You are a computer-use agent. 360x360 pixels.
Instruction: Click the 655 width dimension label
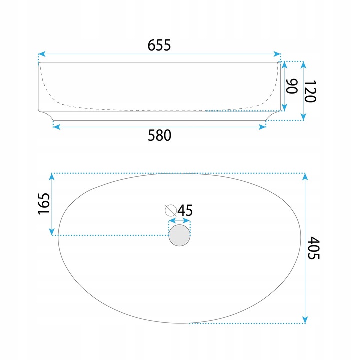[x=159, y=45]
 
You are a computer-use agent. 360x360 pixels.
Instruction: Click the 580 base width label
[x=159, y=135]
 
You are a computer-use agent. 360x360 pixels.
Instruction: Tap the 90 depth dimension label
[x=292, y=86]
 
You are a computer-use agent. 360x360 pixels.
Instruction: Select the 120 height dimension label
[x=310, y=91]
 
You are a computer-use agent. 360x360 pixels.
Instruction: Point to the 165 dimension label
[x=44, y=204]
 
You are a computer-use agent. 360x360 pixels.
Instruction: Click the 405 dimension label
[x=313, y=248]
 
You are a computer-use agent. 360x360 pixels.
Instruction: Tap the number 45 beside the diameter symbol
[x=185, y=210]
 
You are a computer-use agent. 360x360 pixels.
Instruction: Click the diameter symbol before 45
[x=171, y=210]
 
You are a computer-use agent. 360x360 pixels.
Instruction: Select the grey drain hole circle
[x=179, y=235]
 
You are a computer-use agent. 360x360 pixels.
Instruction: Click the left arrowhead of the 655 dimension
[x=42, y=54]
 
